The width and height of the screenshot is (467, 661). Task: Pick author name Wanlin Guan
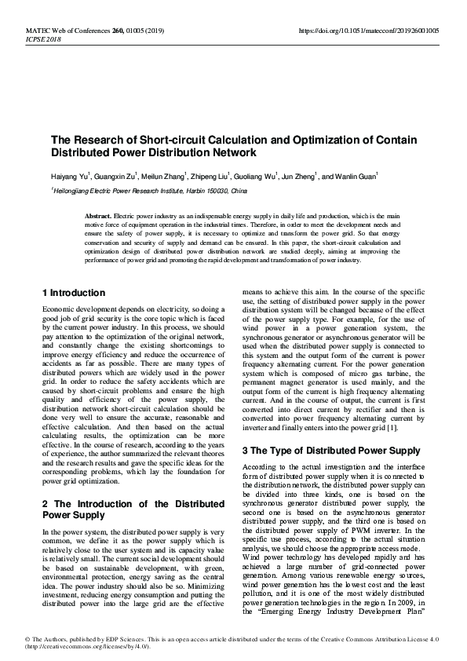(x=356, y=176)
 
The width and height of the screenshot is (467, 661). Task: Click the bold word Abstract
(x=100, y=215)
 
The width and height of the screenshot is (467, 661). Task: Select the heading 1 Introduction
(x=73, y=293)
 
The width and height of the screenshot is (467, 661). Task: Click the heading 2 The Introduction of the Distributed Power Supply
(x=135, y=509)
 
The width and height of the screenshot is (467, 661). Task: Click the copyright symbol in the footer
(x=28, y=639)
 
